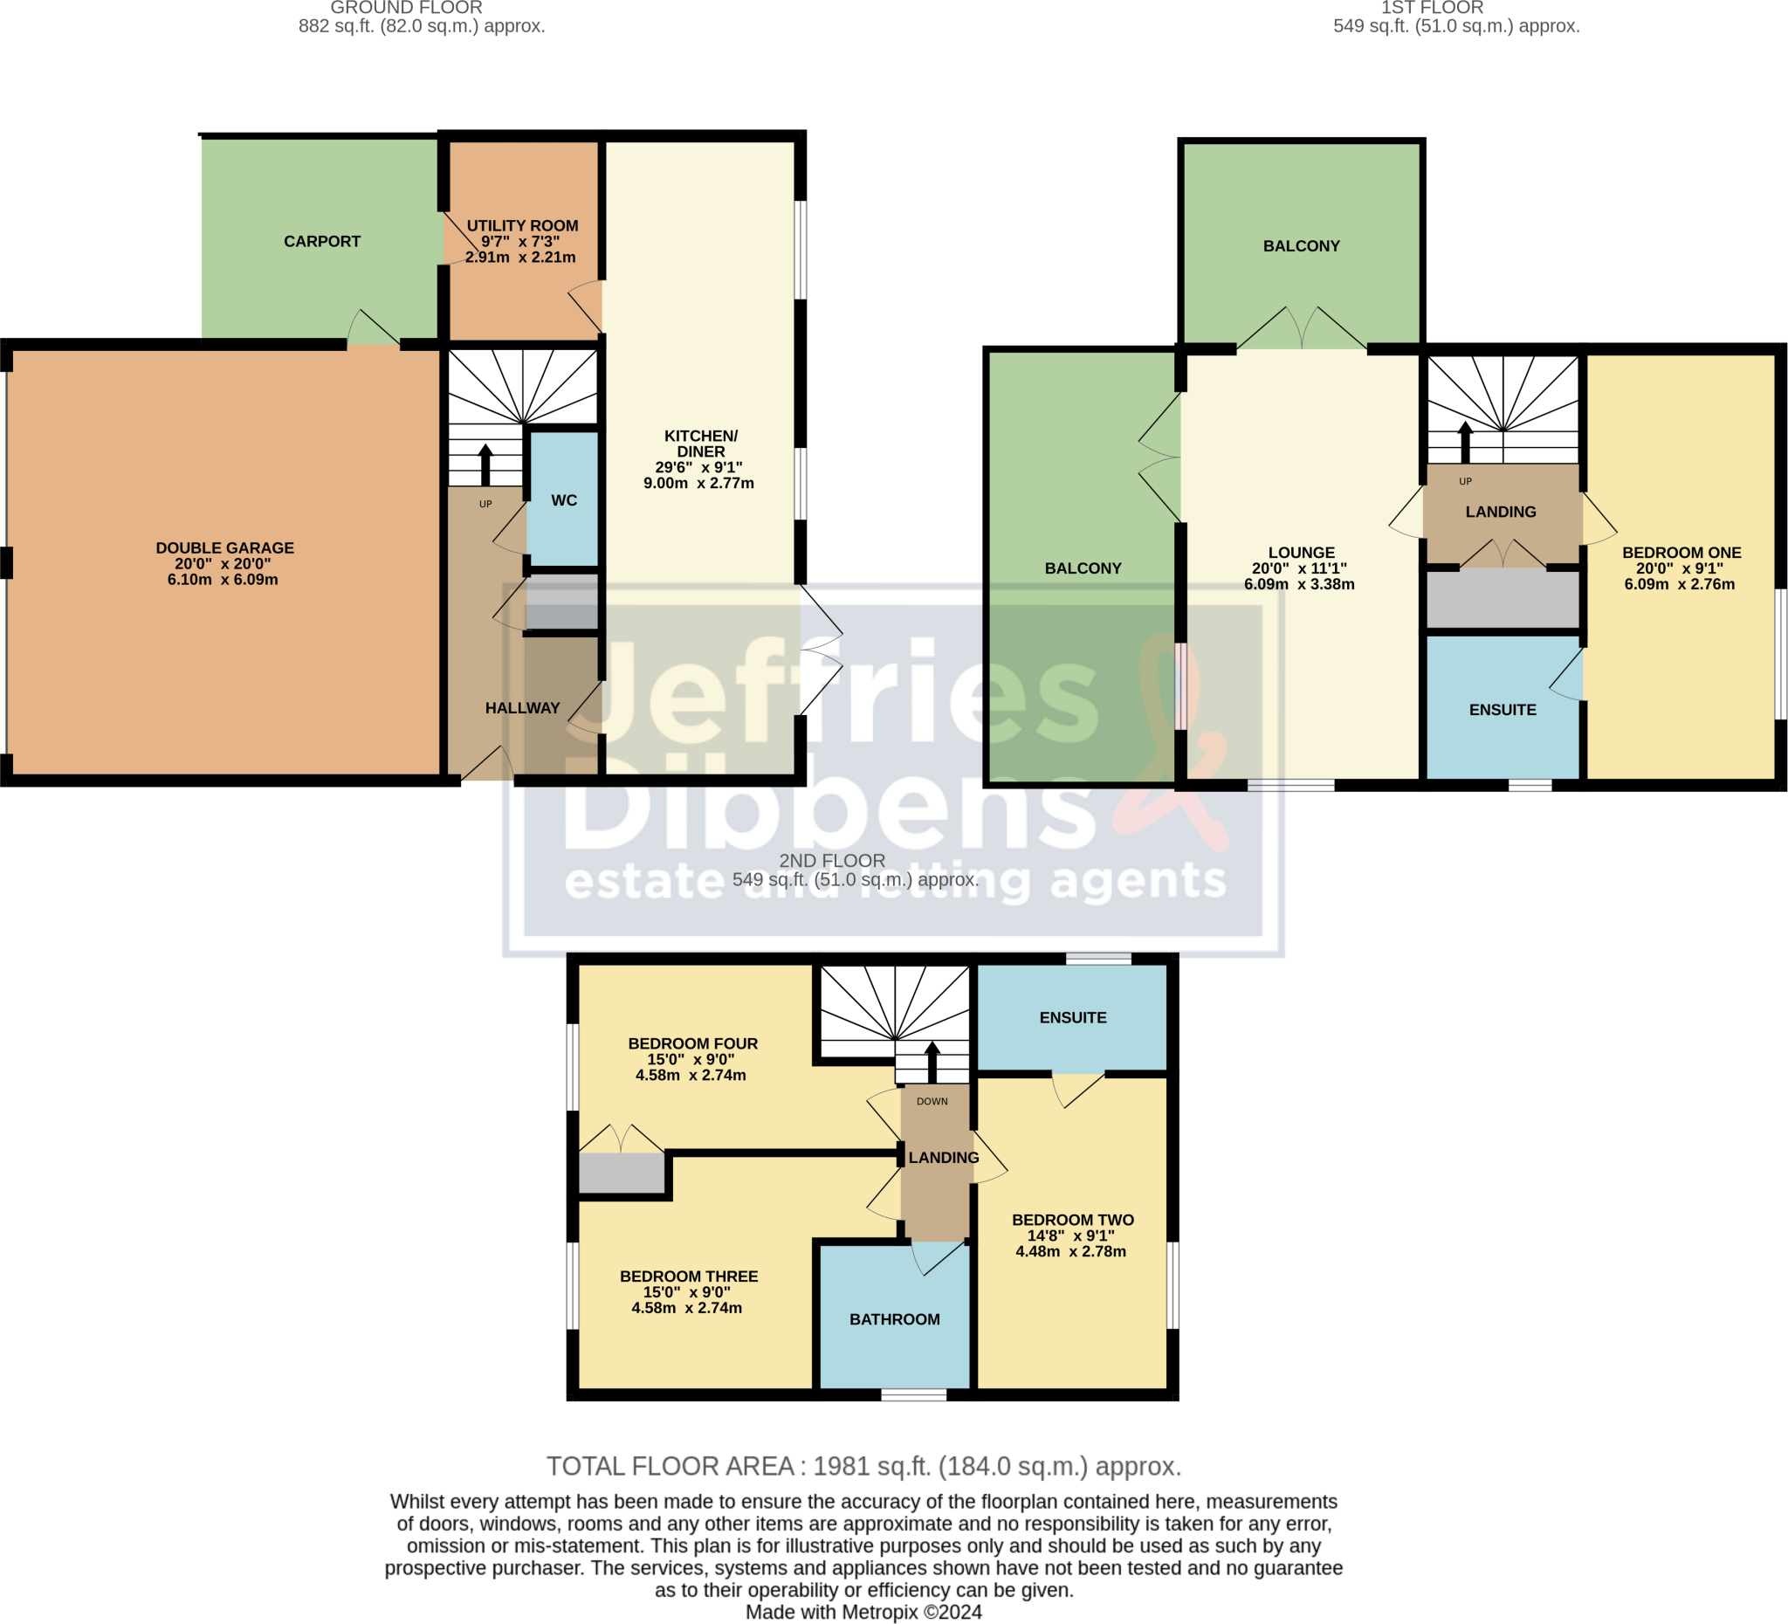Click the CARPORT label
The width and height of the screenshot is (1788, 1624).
[x=322, y=241]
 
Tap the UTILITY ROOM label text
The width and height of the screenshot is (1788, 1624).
[x=522, y=226]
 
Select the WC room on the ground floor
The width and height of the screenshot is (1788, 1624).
[x=563, y=500]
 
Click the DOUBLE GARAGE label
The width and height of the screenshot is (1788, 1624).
[x=224, y=548]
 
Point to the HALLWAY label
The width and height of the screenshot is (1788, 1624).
[x=522, y=708]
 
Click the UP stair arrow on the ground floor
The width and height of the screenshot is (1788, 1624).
[x=485, y=464]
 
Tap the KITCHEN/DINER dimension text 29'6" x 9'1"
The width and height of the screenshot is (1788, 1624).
[x=699, y=467]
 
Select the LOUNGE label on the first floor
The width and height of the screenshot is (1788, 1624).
[x=1300, y=553]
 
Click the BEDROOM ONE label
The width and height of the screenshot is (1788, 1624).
[x=1681, y=553]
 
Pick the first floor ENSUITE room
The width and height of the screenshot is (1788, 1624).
[x=1503, y=710]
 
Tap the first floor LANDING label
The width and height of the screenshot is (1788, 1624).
[x=1501, y=512]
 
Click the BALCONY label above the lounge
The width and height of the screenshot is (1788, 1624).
[x=1301, y=245]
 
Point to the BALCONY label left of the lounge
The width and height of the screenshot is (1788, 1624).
[x=1083, y=568]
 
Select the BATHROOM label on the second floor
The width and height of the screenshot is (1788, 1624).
[x=894, y=1320]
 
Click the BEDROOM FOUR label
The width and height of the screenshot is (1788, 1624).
[x=692, y=1044]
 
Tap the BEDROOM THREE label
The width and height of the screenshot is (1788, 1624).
[x=688, y=1276]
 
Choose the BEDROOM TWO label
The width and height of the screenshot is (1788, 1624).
[x=1072, y=1221]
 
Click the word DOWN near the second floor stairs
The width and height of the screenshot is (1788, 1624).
[x=932, y=1102]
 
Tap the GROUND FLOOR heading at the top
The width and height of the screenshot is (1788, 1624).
[x=406, y=8]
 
